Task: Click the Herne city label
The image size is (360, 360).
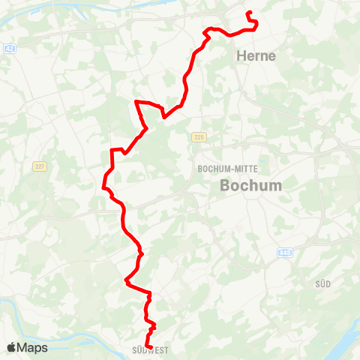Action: pyautogui.click(x=256, y=55)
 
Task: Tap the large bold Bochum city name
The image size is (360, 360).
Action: pyautogui.click(x=250, y=185)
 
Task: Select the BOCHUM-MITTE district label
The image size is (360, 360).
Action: pyautogui.click(x=223, y=169)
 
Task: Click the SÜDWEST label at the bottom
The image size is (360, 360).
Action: pyautogui.click(x=150, y=349)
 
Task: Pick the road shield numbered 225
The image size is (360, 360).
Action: pyautogui.click(x=199, y=136)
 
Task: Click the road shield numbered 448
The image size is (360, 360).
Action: pyautogui.click(x=284, y=252)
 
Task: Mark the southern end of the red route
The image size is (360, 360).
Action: pyautogui.click(x=147, y=346)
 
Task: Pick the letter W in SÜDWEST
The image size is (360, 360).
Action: pyautogui.click(x=155, y=349)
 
